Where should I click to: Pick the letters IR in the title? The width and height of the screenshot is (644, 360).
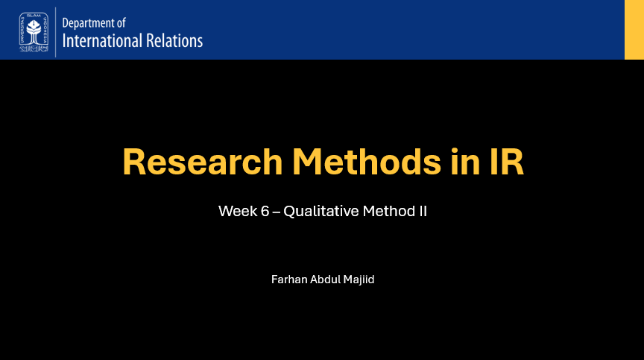(503, 162)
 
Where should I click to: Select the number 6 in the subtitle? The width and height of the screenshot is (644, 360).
(265, 211)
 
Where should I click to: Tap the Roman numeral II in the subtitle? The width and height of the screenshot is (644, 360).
(422, 211)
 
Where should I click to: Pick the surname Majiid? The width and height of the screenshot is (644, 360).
(360, 280)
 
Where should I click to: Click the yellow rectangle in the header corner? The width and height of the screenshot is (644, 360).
(634, 30)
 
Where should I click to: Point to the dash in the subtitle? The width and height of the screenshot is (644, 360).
(277, 212)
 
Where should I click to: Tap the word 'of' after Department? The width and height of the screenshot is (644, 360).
(121, 24)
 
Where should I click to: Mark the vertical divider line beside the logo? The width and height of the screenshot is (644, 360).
(56, 31)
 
